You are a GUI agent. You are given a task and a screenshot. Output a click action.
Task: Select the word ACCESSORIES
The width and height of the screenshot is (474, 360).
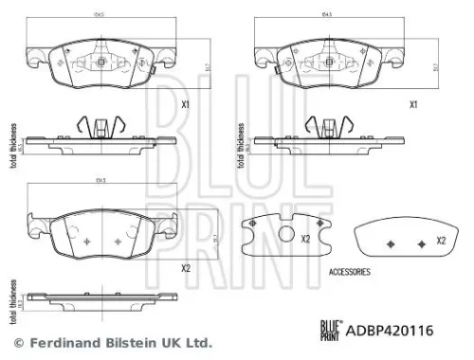pyautogui.click(x=349, y=272)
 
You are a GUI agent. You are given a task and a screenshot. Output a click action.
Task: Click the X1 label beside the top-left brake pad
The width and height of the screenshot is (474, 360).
pyautogui.click(x=186, y=105)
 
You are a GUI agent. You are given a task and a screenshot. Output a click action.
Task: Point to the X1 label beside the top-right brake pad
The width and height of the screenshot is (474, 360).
pyautogui.click(x=412, y=105)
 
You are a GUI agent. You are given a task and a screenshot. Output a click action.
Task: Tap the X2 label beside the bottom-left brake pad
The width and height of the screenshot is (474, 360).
pyautogui.click(x=186, y=269)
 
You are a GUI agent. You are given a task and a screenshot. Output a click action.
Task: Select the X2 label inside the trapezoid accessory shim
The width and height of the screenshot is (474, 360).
pyautogui.click(x=441, y=241)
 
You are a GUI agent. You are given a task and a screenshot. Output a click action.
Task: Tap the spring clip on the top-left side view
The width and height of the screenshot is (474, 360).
pyautogui.click(x=98, y=126)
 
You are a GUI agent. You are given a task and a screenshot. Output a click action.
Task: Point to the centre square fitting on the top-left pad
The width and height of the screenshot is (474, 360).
pyautogui.click(x=101, y=62)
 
